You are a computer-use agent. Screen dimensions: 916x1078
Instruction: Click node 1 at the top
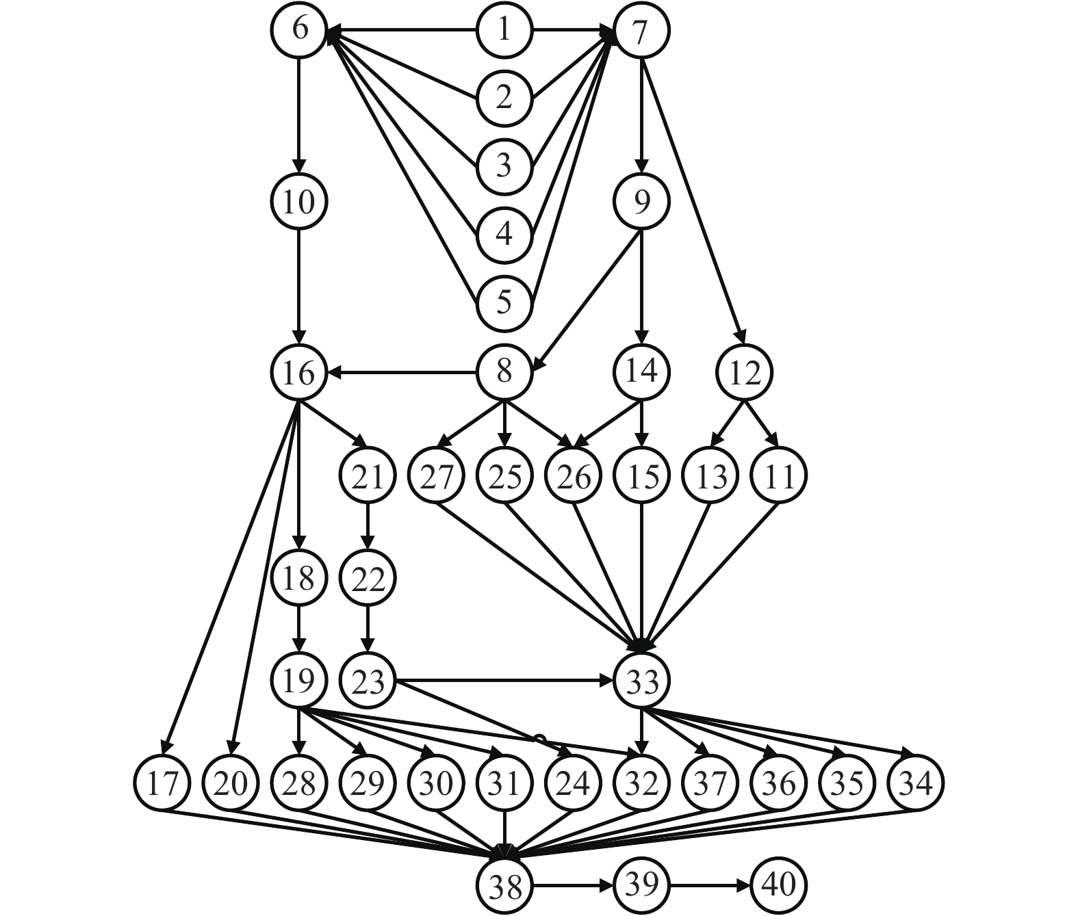click(504, 31)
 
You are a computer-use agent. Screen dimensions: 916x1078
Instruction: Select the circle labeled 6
click(299, 31)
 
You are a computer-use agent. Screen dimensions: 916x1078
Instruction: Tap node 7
click(641, 31)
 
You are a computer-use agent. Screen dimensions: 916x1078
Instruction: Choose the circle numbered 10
click(299, 202)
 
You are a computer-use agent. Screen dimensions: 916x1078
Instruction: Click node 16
click(299, 373)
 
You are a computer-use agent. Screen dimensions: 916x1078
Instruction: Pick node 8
click(504, 373)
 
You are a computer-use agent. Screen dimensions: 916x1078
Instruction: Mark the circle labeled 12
click(744, 373)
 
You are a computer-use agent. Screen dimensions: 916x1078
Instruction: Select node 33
click(641, 681)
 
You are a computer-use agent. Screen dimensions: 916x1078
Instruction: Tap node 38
click(504, 886)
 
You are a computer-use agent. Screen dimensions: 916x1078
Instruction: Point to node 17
click(162, 783)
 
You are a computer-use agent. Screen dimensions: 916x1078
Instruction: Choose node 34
click(915, 783)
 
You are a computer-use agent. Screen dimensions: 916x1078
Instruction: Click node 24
click(573, 783)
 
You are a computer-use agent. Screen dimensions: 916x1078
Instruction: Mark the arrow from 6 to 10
click(299, 116)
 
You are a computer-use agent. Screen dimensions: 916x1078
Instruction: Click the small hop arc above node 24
click(539, 738)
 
